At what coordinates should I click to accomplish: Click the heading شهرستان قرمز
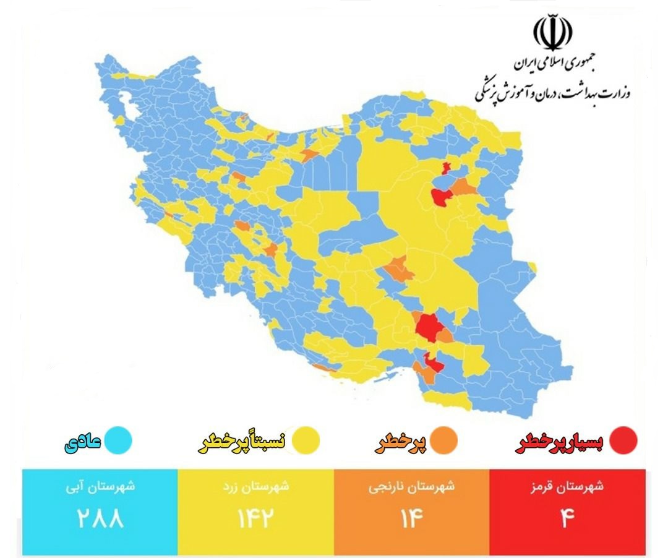[x=567, y=487]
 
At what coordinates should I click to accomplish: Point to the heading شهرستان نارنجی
[x=412, y=487]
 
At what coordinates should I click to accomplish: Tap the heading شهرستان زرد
[x=255, y=487]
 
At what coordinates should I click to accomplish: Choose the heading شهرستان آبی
[x=100, y=487]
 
